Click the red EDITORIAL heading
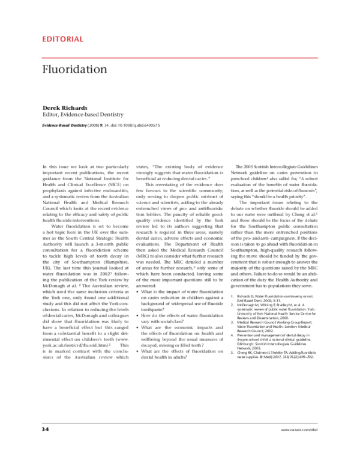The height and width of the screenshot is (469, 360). tap(62, 40)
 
